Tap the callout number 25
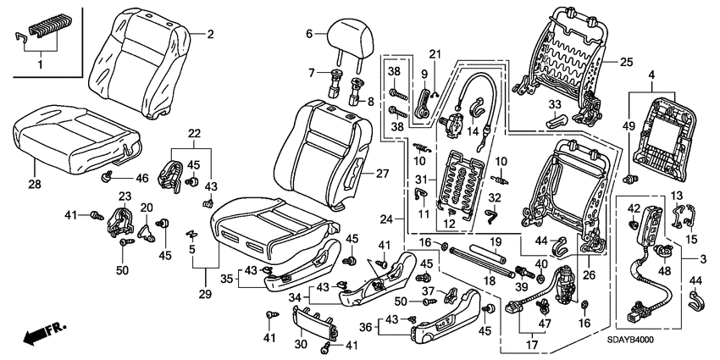(x=626, y=62)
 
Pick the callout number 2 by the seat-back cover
(x=211, y=34)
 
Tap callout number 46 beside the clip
(x=141, y=178)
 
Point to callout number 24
(x=386, y=219)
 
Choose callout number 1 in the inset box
(x=36, y=64)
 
